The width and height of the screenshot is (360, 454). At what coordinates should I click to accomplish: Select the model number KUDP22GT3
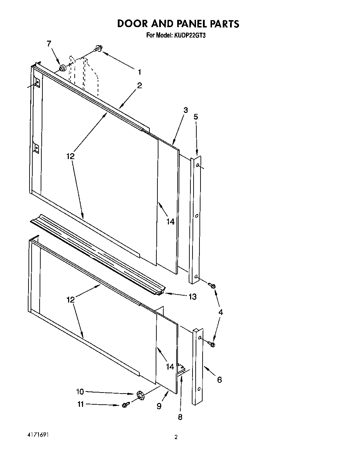coord(190,35)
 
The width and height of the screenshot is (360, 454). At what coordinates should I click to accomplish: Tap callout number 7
coord(49,43)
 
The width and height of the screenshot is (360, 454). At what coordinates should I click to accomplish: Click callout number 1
coord(139,72)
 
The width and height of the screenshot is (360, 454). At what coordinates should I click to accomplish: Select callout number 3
coord(186,110)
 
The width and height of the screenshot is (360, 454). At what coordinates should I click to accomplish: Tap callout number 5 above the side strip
coord(196,117)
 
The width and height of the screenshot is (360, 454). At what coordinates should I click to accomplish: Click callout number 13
coord(192,296)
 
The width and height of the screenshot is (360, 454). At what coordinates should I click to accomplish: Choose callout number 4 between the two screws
coord(220,312)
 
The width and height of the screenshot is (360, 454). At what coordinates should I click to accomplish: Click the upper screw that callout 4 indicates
coord(212,285)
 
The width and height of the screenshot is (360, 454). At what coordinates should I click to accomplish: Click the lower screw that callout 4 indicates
coord(212,344)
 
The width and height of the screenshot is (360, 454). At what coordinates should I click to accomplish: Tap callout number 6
coord(219,380)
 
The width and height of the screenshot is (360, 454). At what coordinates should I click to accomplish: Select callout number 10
coord(80,391)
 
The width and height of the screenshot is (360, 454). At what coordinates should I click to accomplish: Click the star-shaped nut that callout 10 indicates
coord(140,395)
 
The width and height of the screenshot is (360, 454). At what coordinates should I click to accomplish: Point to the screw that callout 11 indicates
coord(125,405)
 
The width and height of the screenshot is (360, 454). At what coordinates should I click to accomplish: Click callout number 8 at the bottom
coord(180,417)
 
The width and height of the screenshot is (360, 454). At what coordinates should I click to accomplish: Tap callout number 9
coord(159,406)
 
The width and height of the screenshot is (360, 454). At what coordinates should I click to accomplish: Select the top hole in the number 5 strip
coord(197,166)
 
